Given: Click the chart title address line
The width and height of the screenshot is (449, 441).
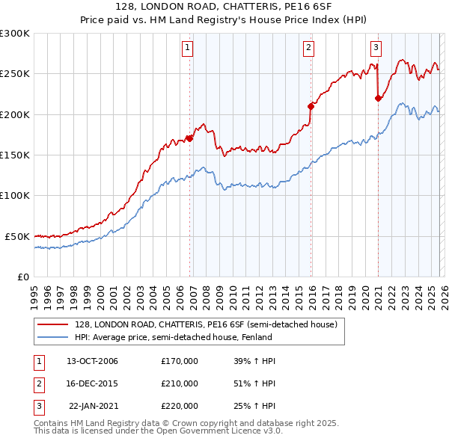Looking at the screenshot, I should (x=224, y=5).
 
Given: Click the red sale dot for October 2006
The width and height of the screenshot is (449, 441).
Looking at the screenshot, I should (x=190, y=138).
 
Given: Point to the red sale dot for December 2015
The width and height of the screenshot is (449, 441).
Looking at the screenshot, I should (x=311, y=105).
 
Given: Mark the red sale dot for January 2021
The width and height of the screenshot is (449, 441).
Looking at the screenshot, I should (x=378, y=97).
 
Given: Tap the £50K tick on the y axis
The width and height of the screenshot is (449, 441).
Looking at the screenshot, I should (x=18, y=236).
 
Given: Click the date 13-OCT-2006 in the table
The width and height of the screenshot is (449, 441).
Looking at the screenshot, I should (x=92, y=361).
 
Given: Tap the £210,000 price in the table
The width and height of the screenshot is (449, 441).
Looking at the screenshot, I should (x=180, y=383).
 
